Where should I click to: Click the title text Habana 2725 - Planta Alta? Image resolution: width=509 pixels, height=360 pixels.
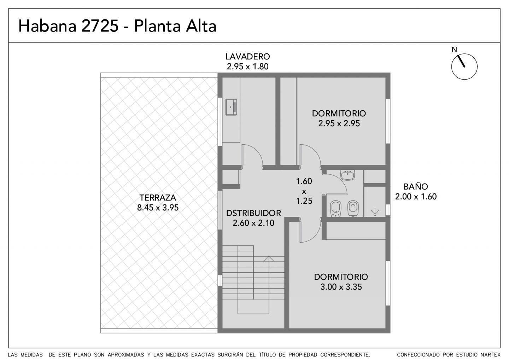[x=117, y=26]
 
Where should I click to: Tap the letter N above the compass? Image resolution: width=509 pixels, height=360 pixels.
[x=454, y=50]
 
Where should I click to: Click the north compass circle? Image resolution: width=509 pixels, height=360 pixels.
[x=464, y=66]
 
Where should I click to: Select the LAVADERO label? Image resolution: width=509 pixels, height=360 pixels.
[x=248, y=56]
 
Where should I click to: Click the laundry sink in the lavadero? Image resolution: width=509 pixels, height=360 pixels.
[x=231, y=107]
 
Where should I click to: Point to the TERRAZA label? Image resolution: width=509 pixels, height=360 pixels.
[x=158, y=198]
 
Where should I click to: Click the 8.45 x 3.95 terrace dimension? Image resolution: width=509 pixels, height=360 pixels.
[x=158, y=208]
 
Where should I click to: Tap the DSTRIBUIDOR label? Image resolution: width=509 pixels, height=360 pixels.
[x=253, y=213]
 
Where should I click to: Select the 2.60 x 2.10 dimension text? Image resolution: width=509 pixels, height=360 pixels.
[x=253, y=223]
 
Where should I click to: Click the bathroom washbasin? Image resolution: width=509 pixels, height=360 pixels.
[x=348, y=175]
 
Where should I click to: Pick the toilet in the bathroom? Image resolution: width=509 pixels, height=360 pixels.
[x=353, y=208]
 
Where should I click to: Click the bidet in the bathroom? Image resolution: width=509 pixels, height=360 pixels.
[x=336, y=209]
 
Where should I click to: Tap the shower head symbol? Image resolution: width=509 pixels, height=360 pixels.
[x=375, y=213]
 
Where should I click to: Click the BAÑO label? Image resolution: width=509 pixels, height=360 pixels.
[x=416, y=187]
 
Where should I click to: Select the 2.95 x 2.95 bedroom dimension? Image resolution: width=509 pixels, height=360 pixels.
[x=339, y=123]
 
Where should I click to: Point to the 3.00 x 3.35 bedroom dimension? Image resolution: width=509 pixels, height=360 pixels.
[x=341, y=287]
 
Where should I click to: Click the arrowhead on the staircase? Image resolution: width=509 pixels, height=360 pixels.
[x=269, y=259]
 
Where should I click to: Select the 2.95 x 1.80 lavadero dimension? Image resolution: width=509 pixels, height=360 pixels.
[x=248, y=66]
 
